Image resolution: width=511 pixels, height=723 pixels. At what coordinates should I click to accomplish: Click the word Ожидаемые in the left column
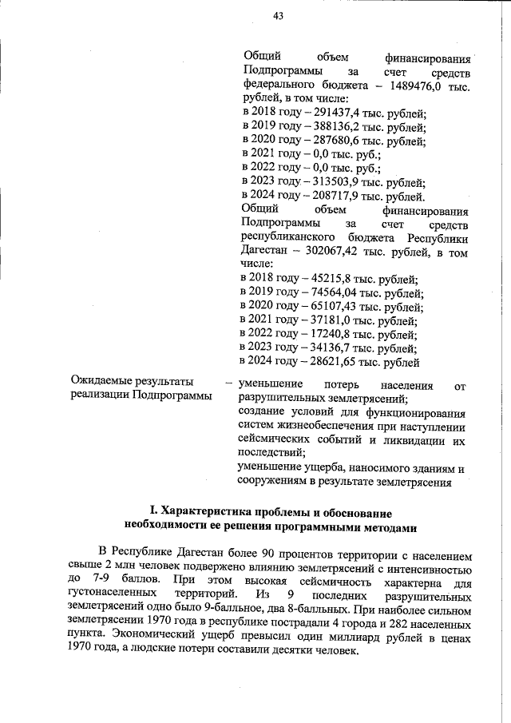point(100,382)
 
